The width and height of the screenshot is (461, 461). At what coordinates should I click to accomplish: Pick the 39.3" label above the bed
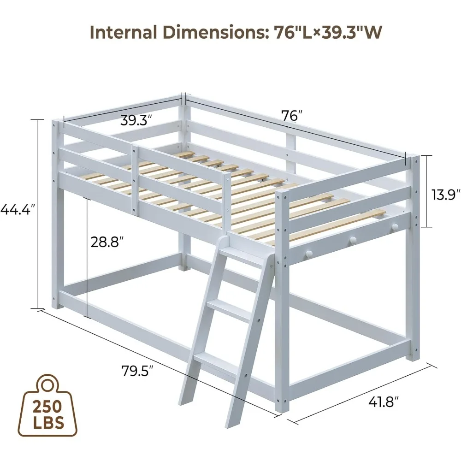point(137,121)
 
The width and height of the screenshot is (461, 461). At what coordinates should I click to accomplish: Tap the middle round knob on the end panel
point(353,240)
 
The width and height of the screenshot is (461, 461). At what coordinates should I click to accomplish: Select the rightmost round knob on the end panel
point(394,227)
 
